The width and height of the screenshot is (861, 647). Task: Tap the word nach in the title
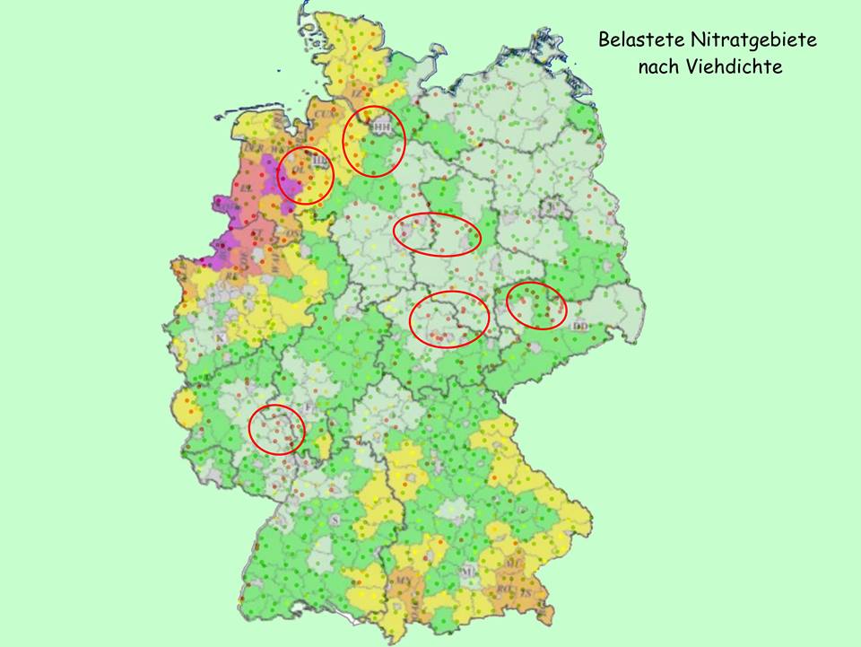pos(657,67)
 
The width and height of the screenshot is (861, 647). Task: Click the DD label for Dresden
pos(578,326)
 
